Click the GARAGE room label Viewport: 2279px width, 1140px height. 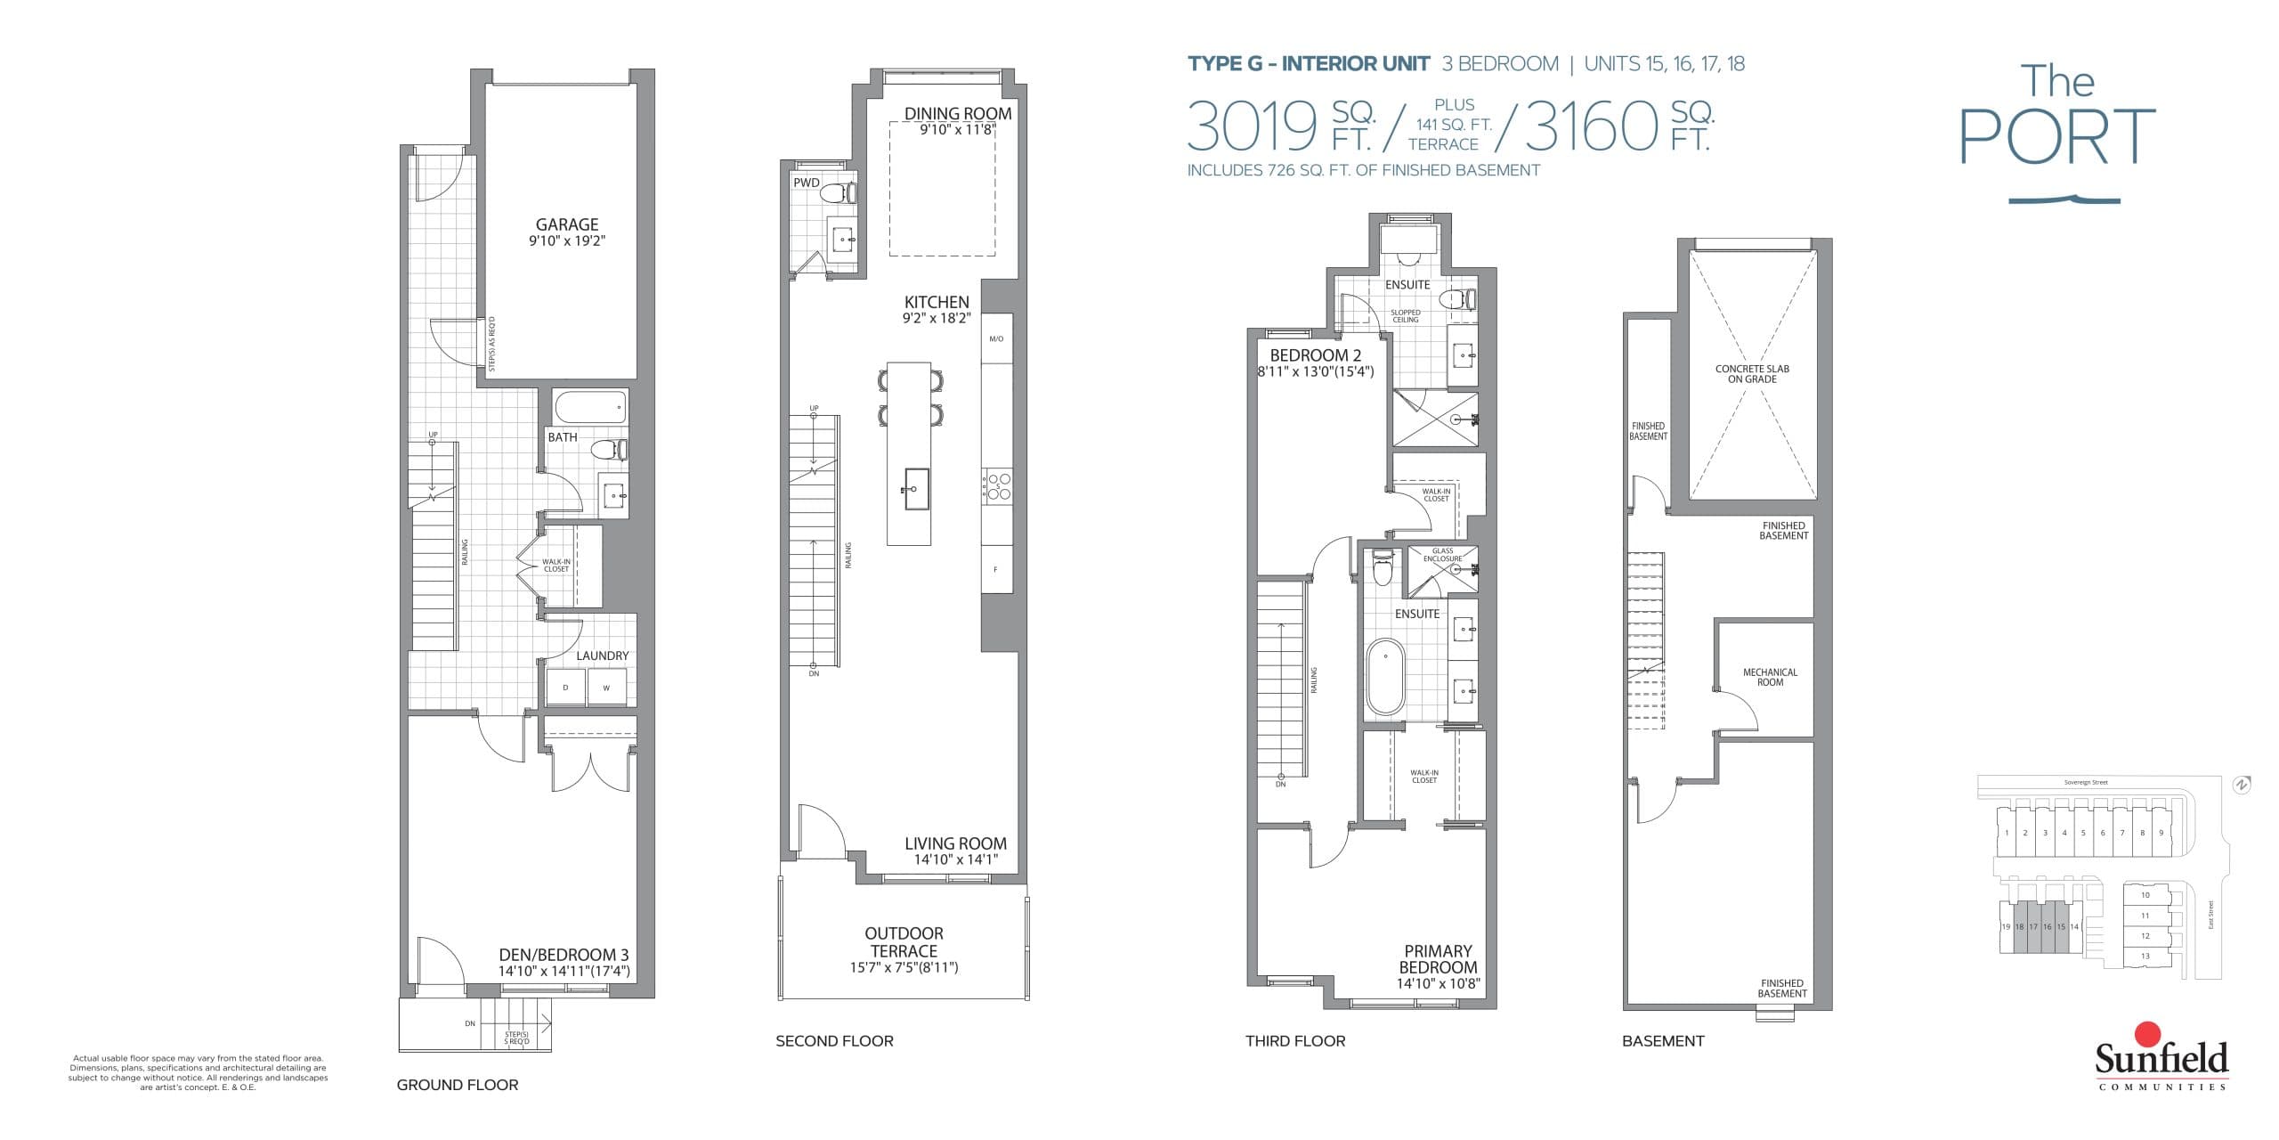[566, 225]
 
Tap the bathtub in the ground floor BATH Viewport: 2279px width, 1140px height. [590, 409]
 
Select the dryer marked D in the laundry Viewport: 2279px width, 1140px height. [565, 688]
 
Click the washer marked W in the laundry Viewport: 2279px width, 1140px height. [606, 688]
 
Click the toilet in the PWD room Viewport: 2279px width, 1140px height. [838, 193]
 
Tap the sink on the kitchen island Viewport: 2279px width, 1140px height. [917, 489]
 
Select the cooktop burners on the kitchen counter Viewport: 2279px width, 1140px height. [997, 486]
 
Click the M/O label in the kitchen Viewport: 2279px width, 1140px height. [996, 338]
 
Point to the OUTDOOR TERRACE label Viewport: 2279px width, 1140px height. [904, 942]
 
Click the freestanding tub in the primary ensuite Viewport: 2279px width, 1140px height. [1384, 677]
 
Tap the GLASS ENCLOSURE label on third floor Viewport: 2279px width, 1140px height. [1442, 554]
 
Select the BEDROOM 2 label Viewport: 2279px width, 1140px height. [1315, 355]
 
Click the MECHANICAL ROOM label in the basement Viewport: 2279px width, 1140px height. [1770, 678]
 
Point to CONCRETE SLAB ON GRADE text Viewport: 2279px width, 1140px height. [1752, 374]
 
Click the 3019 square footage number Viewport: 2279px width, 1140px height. [1251, 126]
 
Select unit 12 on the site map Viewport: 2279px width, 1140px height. [2145, 936]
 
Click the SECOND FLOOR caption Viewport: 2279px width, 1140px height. [834, 1041]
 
